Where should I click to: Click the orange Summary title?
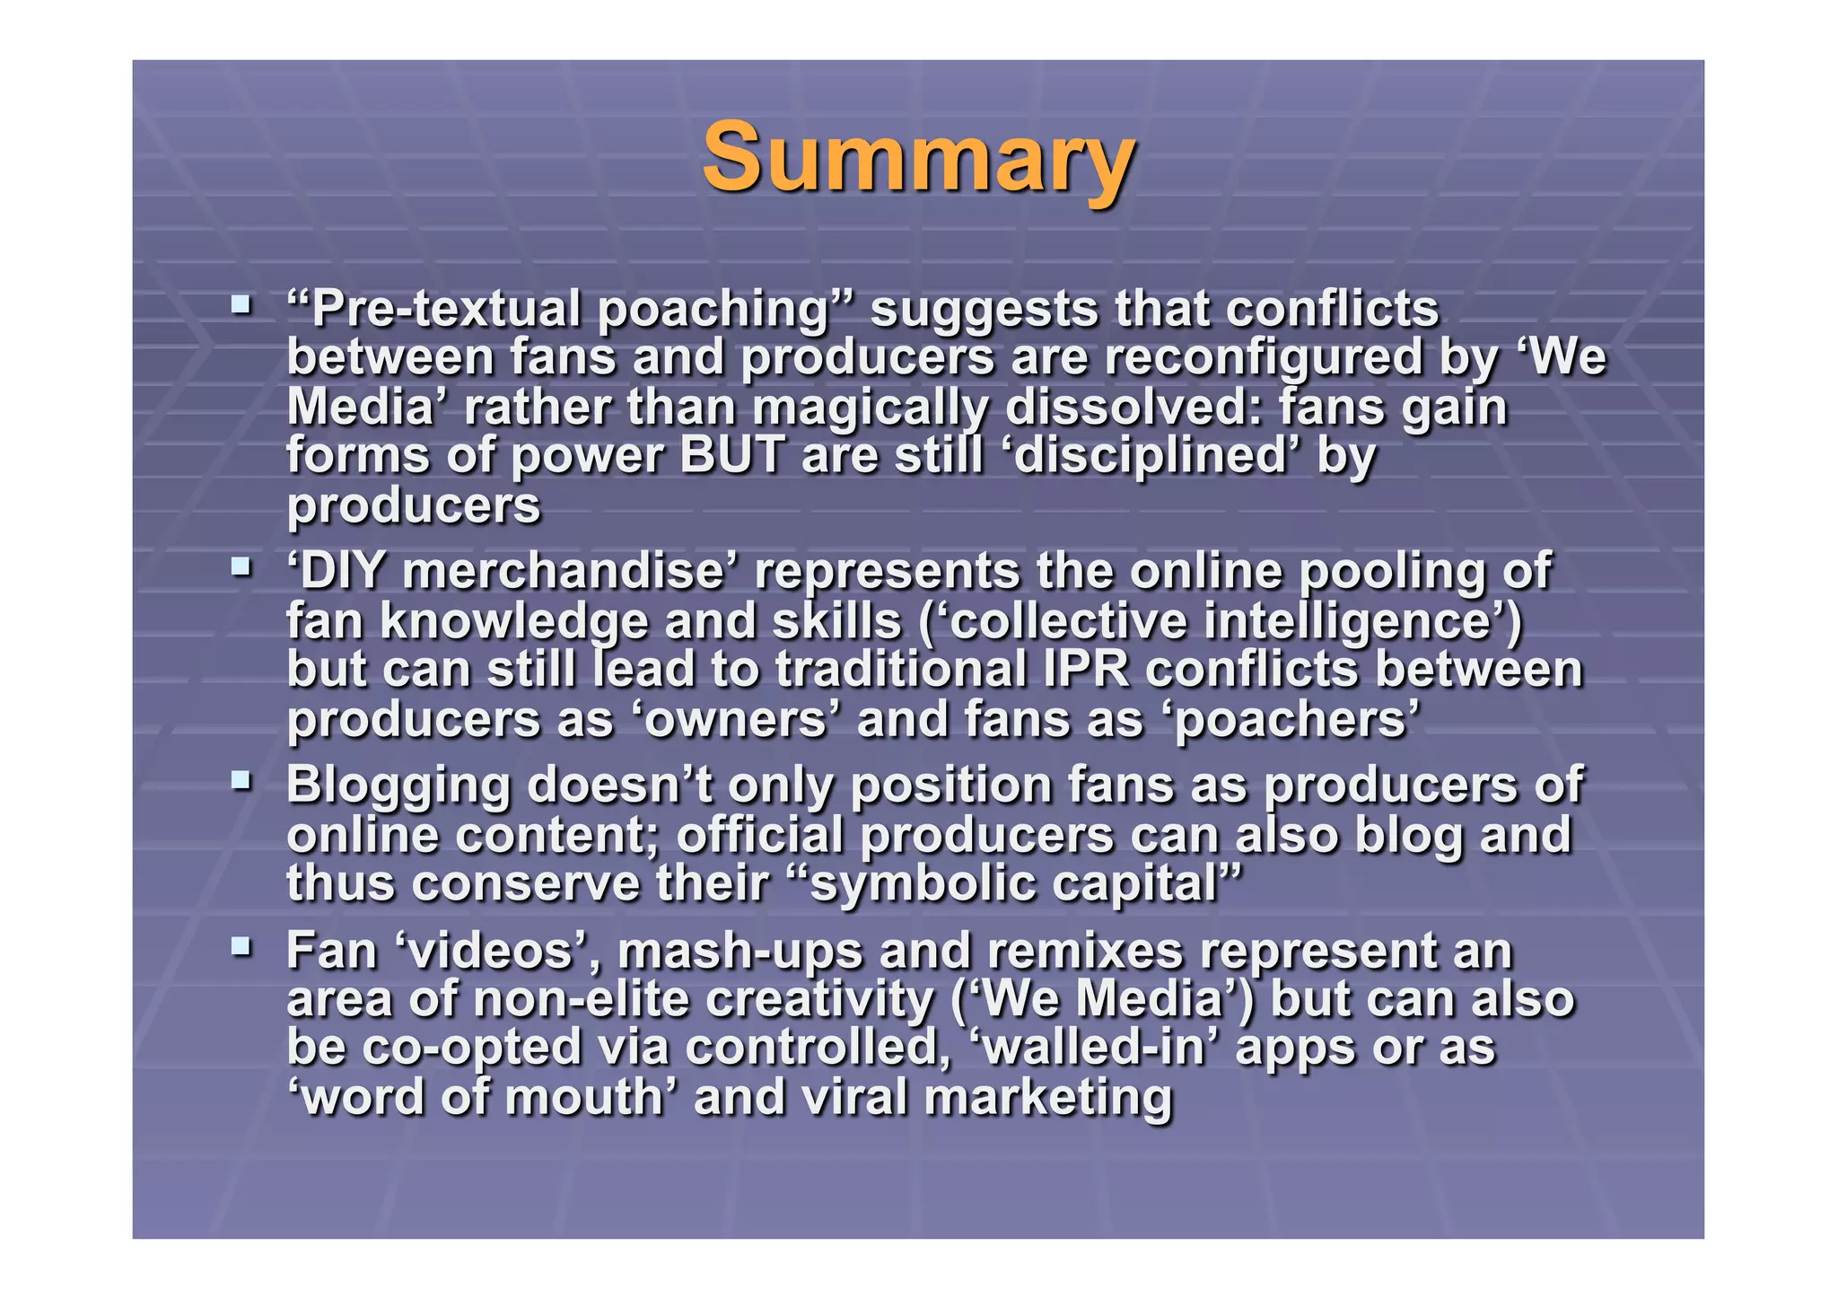click(918, 158)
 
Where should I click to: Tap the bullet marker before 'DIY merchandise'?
click(240, 566)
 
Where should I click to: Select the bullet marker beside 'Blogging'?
click(240, 779)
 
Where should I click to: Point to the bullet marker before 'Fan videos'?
click(240, 945)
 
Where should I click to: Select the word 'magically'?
click(870, 408)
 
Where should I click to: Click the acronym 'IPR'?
click(1085, 671)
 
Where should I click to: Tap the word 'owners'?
click(735, 720)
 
